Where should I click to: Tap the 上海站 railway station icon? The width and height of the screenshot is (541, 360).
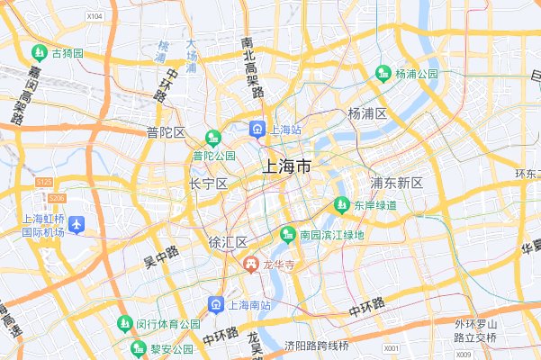point(257,130)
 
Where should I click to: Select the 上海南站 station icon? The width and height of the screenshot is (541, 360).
point(216,304)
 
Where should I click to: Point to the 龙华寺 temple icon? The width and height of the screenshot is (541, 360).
point(251,264)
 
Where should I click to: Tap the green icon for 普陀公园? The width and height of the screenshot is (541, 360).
point(213,138)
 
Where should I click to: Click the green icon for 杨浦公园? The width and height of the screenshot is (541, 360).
point(383,73)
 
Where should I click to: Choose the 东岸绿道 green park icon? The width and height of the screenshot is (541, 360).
point(341,205)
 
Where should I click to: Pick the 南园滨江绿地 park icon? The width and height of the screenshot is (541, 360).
point(287,235)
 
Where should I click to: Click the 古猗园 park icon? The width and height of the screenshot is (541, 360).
point(40,53)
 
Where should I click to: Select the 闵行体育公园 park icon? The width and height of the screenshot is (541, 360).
point(124,323)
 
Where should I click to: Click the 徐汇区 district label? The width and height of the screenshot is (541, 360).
point(228,243)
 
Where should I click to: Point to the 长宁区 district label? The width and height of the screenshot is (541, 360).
point(208,184)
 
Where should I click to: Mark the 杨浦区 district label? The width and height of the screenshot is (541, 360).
point(367,113)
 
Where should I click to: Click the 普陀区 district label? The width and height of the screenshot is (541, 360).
point(166,132)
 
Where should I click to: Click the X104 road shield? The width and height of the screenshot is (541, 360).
point(95,16)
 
